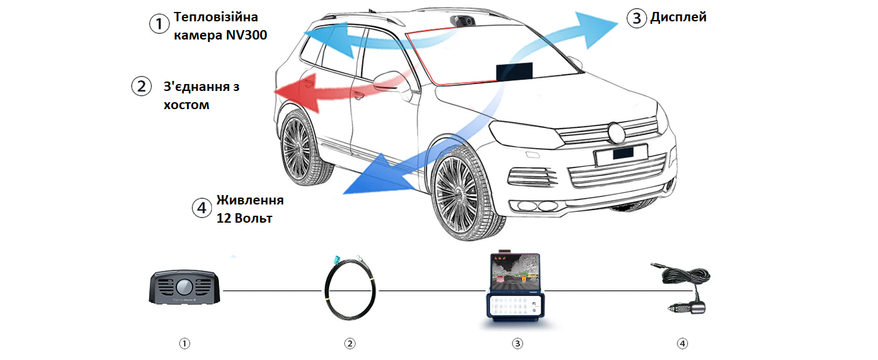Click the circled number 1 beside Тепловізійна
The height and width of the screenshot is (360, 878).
coord(159,24)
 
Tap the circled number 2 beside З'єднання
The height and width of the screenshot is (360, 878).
coord(140,86)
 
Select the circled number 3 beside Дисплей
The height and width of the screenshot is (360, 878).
coord(636,18)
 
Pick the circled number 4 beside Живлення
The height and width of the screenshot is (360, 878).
coord(202,208)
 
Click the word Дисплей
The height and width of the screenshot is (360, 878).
coord(678,18)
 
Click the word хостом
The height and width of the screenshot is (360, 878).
coord(186,105)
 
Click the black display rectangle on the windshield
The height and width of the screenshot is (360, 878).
coord(514,71)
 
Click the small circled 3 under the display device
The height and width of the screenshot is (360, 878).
coord(517,343)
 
